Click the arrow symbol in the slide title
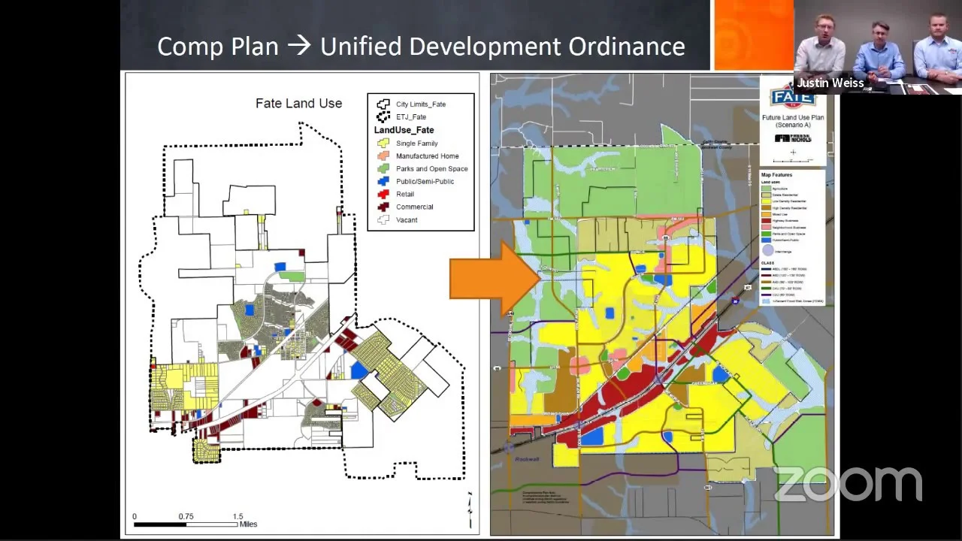tap(299, 47)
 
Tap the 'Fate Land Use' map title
tap(298, 104)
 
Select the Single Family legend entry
tap(416, 144)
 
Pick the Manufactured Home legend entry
tap(427, 156)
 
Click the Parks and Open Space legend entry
tap(431, 169)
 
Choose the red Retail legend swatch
tap(383, 195)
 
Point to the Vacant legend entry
tap(406, 220)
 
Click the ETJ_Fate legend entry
tap(410, 117)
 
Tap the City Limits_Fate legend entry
tap(420, 104)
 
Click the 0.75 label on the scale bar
tap(186, 516)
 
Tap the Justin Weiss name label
tap(830, 83)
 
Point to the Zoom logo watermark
tap(848, 484)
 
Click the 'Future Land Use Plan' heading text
tap(792, 117)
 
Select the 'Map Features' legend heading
tap(776, 175)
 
